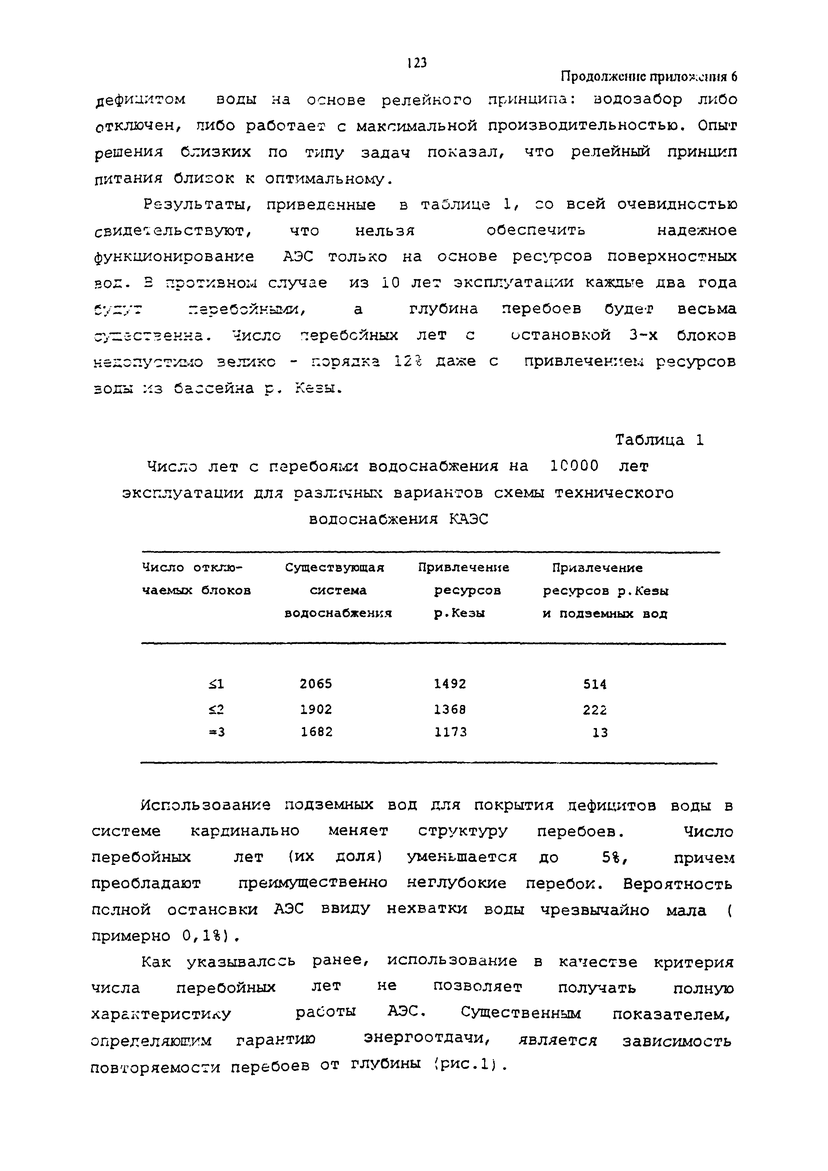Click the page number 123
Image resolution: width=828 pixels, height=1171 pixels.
[x=417, y=63]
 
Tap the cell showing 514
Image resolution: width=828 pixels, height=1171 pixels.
[x=595, y=684]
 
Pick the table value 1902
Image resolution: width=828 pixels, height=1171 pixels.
[x=316, y=709]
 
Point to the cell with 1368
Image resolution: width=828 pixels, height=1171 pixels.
[x=450, y=709]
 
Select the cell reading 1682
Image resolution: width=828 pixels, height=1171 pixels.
[x=316, y=732]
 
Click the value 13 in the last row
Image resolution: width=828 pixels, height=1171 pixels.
[x=600, y=733]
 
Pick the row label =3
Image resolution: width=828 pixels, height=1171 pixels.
[x=216, y=732]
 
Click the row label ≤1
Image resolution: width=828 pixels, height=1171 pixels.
[x=216, y=684]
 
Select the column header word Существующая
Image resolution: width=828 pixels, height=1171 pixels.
[x=334, y=568]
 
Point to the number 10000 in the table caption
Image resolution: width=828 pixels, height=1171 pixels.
[x=575, y=466]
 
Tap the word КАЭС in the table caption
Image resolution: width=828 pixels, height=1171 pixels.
[x=468, y=519]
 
